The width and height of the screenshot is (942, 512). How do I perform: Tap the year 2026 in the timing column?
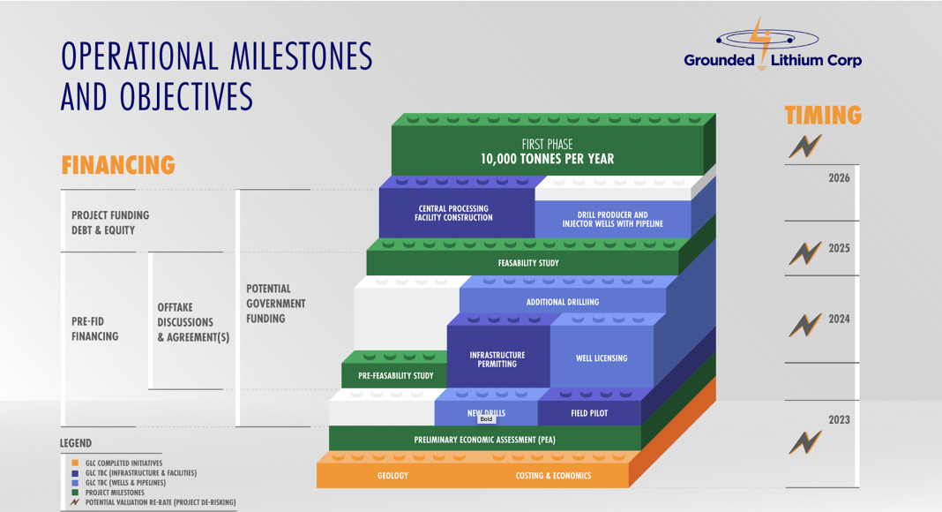tap(839, 178)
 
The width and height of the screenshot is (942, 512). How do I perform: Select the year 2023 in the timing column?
tap(839, 420)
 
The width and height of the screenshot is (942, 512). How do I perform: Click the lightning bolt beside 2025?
tap(805, 253)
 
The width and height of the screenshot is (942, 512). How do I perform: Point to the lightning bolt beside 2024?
tap(805, 325)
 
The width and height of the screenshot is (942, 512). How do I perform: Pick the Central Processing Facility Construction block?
tap(457, 213)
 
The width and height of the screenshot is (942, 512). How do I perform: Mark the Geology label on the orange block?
tap(392, 475)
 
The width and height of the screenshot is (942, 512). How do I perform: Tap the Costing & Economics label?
tap(553, 475)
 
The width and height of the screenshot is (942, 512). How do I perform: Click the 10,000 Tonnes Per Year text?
tap(548, 159)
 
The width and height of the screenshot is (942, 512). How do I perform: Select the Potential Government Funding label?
tap(276, 304)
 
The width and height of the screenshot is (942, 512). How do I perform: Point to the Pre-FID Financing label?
tap(95, 328)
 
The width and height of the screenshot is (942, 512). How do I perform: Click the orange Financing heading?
tap(118, 165)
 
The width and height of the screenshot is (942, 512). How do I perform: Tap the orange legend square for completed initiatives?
tap(75, 463)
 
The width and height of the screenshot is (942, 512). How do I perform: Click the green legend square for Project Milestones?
tap(75, 493)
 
